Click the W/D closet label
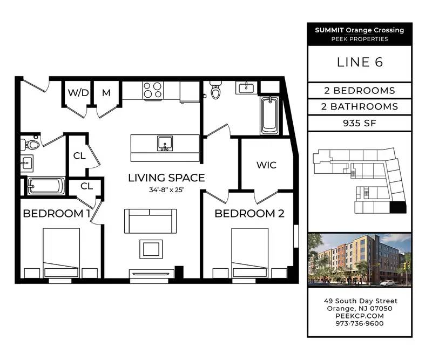click(x=78, y=93)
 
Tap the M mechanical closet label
click(x=106, y=93)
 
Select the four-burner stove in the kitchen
click(x=153, y=90)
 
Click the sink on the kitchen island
click(x=165, y=143)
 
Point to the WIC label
click(x=266, y=165)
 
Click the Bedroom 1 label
click(x=57, y=214)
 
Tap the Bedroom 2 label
click(x=249, y=214)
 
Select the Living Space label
click(x=166, y=178)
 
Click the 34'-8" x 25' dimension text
click(x=166, y=190)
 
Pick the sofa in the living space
click(x=151, y=221)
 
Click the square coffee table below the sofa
click(x=151, y=249)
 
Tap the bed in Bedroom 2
click(x=250, y=253)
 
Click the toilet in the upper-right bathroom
click(x=215, y=90)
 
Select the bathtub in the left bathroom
click(x=46, y=186)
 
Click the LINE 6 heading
click(x=360, y=62)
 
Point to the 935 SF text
click(x=360, y=123)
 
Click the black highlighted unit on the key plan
click(x=398, y=207)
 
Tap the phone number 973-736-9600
click(x=360, y=323)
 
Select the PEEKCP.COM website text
click(x=360, y=316)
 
